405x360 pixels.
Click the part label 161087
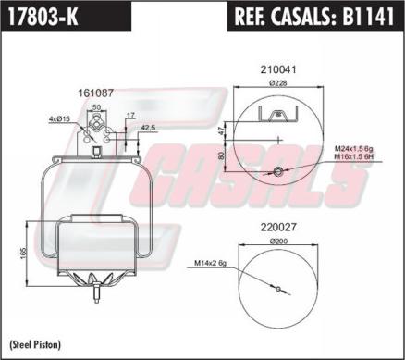pos(96,93)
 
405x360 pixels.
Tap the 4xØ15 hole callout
pos(61,118)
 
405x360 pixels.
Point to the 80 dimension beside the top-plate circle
pos(222,157)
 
